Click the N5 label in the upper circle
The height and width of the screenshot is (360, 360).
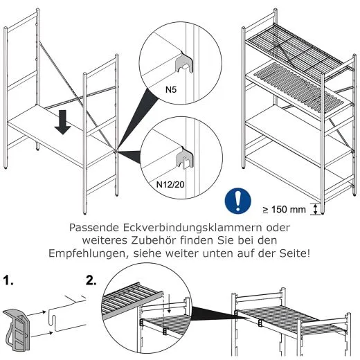171,89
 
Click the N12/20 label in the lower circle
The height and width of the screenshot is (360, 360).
170,184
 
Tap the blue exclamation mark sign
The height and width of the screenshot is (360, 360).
238,200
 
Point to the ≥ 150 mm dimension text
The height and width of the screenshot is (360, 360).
284,210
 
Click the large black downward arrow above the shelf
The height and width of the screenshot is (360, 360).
62,122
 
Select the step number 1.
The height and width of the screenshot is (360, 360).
8,280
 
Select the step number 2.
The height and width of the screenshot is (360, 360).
91,280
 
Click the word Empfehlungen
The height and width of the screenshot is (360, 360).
89,253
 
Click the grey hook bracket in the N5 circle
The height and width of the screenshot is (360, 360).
184,62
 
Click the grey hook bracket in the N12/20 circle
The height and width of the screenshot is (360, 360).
185,158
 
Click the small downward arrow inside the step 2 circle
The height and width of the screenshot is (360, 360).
169,307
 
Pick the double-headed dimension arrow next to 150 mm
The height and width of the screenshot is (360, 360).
316,209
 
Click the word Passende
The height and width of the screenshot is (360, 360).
94,228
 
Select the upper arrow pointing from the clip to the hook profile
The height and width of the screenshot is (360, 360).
37,314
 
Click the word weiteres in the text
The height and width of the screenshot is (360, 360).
105,240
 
